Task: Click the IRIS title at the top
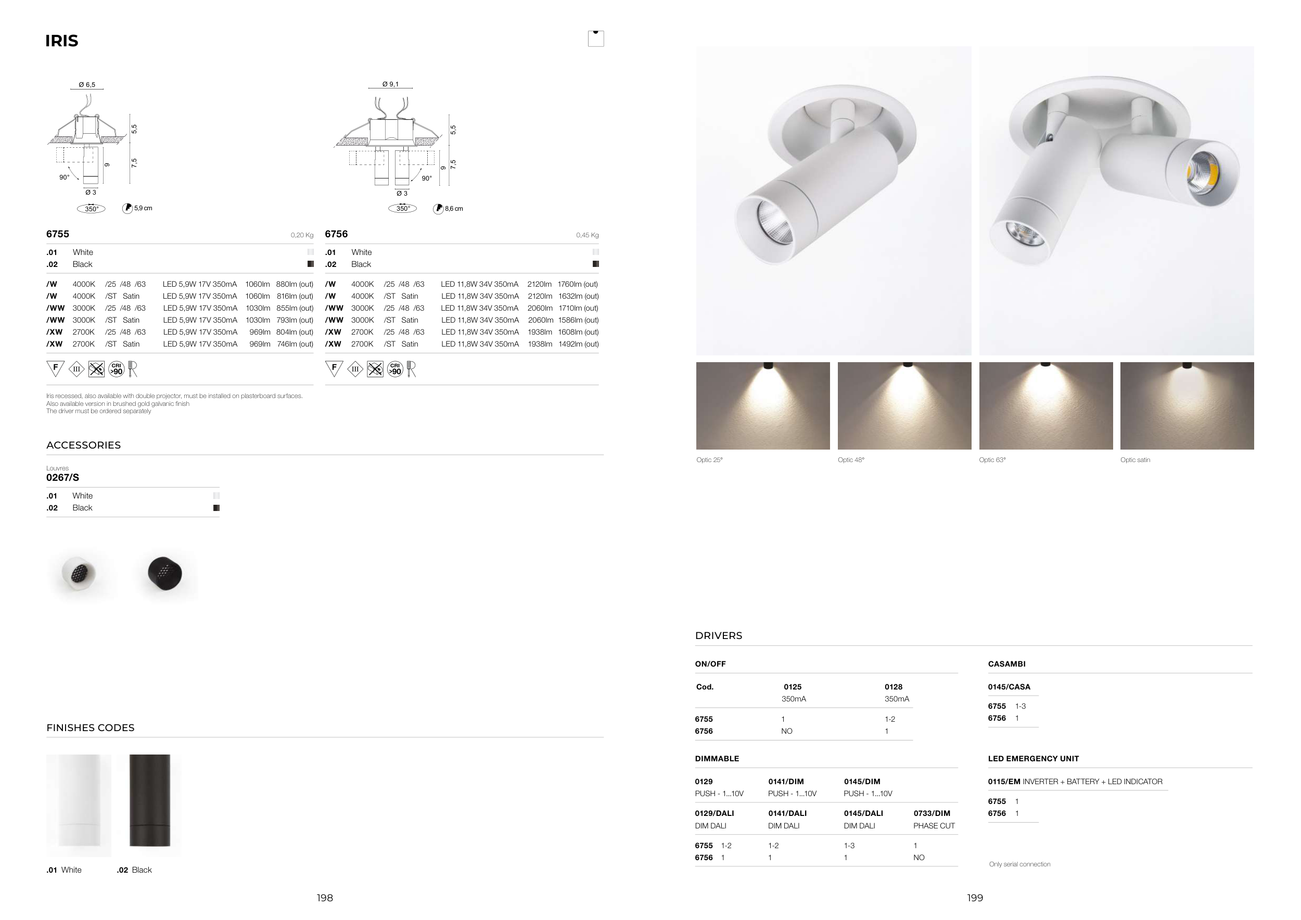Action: (x=62, y=41)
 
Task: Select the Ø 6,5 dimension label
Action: (x=87, y=84)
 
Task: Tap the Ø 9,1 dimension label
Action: (x=390, y=84)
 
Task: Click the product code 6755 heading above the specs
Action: (x=58, y=234)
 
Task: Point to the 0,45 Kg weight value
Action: (x=588, y=235)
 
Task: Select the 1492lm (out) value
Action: (x=579, y=344)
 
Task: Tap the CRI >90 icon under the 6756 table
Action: (x=395, y=369)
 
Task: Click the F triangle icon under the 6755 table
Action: (x=55, y=368)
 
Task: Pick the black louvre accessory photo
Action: (x=165, y=573)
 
